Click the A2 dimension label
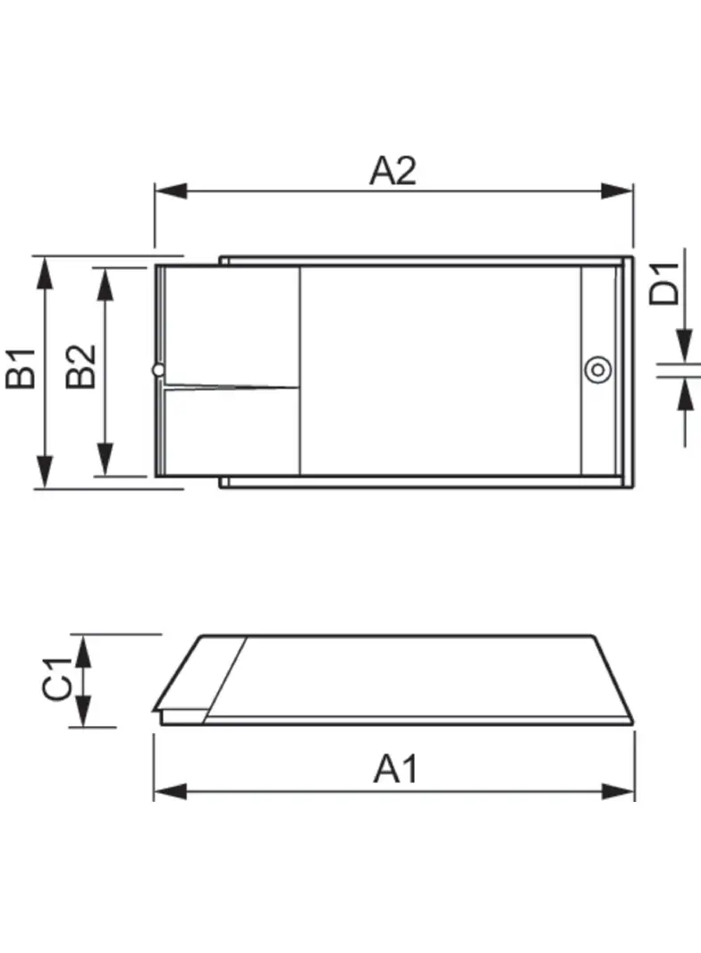tap(393, 170)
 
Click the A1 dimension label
tap(395, 769)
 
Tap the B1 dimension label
tap(21, 369)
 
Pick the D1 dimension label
tap(665, 283)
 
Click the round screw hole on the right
tap(597, 369)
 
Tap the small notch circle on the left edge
tap(158, 369)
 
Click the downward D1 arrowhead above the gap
tap(684, 346)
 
